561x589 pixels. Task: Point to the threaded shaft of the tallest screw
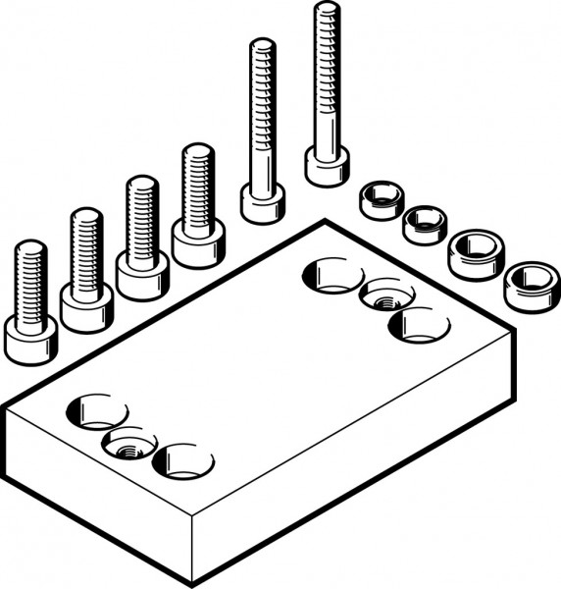pos(327,79)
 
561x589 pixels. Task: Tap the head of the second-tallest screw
pos(263,203)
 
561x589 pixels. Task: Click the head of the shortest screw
pos(30,339)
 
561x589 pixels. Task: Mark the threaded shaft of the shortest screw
pos(31,280)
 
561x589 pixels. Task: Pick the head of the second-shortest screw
pos(86,305)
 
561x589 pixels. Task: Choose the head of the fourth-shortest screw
pos(198,240)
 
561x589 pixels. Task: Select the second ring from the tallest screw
pos(424,224)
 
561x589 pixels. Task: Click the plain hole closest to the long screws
pos(331,274)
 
